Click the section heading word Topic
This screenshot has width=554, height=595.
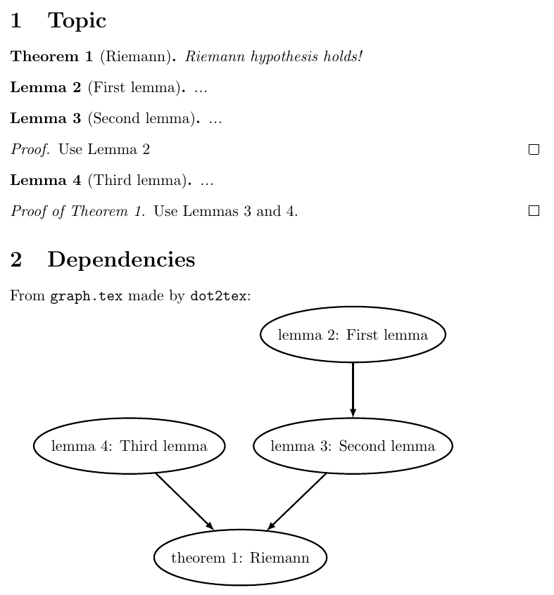coord(77,21)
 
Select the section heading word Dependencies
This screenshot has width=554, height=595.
coord(121,260)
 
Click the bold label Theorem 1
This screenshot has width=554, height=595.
coord(51,56)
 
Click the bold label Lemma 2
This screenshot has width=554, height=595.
coord(46,88)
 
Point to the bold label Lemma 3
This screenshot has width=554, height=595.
coord(46,119)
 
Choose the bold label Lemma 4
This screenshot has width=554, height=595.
coord(46,181)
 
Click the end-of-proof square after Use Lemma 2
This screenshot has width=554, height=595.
coord(534,149)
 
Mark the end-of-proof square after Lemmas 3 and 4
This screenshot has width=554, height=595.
coord(534,211)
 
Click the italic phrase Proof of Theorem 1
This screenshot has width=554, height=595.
coord(77,211)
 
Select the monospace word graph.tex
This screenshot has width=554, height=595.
coord(86,296)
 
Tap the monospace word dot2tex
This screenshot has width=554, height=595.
coord(218,296)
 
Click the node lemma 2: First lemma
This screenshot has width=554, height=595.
coord(353,335)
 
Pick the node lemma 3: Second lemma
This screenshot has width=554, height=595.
coord(353,446)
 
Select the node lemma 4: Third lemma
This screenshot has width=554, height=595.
coord(130,446)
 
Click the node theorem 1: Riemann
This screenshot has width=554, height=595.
coord(240,558)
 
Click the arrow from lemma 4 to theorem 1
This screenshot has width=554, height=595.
coord(184,501)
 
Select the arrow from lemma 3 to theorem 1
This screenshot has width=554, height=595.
coord(298,501)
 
